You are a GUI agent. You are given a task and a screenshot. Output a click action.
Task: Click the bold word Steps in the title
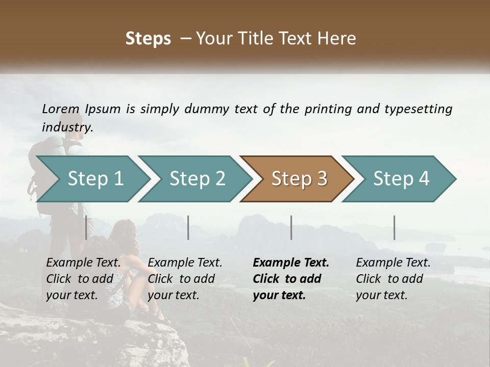click(x=148, y=39)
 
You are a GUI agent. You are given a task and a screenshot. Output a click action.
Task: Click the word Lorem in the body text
click(x=61, y=109)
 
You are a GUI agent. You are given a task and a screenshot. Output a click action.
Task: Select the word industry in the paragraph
click(x=67, y=127)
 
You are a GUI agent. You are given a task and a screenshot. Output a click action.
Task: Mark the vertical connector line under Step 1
click(x=86, y=227)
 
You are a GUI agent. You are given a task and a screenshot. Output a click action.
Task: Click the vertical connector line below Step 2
click(x=188, y=227)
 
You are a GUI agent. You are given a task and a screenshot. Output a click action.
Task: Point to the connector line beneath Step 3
click(x=291, y=227)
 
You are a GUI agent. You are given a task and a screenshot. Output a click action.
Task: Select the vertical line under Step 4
click(x=395, y=227)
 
